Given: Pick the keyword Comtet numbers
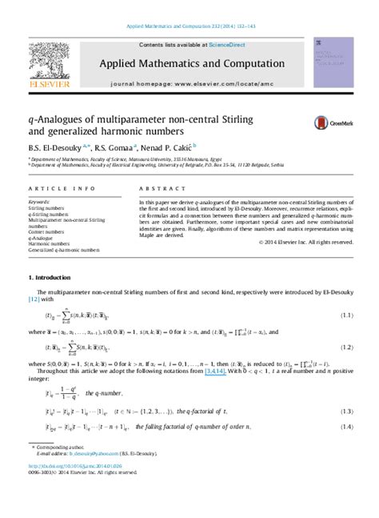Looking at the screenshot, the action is (46, 232).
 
